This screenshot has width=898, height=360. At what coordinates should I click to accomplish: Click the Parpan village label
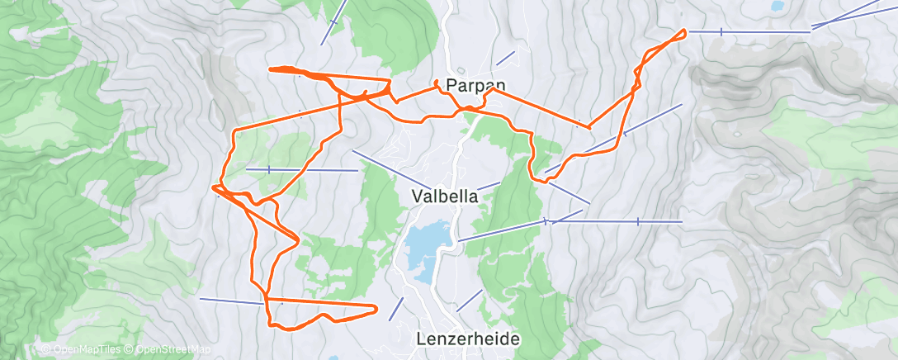click(x=475, y=84)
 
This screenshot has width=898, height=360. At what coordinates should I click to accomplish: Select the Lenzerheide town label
click(x=468, y=339)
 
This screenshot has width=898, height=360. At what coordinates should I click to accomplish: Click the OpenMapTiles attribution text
click(x=86, y=350)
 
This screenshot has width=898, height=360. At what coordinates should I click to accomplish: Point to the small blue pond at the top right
click(x=777, y=6)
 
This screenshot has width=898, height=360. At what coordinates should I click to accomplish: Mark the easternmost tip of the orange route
click(x=685, y=31)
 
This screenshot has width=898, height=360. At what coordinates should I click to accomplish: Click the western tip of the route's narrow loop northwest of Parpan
click(x=271, y=69)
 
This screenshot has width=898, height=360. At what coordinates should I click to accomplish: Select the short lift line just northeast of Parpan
click(x=505, y=59)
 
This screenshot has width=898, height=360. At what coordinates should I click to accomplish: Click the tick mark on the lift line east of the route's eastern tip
click(x=721, y=31)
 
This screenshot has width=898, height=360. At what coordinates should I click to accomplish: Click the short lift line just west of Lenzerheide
click(x=396, y=309)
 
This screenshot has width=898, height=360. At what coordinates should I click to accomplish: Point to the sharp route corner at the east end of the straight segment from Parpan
click(x=589, y=128)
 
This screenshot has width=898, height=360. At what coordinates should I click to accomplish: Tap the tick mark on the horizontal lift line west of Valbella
click(x=269, y=169)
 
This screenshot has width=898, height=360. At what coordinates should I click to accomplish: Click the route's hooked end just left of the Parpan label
click(x=437, y=81)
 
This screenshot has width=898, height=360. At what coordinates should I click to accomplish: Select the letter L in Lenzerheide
click(x=421, y=339)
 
